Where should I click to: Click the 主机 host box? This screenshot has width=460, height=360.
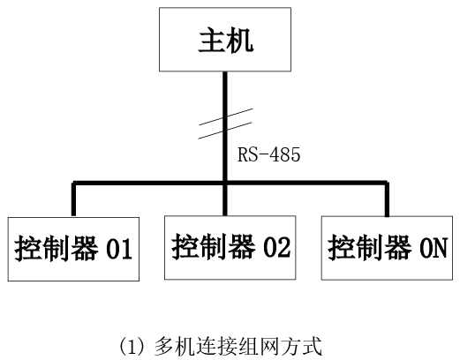pos(225,40)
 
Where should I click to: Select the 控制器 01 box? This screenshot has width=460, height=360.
pos(73,249)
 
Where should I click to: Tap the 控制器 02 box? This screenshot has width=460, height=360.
pos(230,248)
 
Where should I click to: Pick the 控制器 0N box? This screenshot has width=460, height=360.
pos(387,248)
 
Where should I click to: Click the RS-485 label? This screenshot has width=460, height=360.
pos(268,154)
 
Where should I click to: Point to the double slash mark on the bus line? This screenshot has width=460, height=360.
pos(225,124)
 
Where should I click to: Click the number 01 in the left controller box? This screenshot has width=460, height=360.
pos(119,249)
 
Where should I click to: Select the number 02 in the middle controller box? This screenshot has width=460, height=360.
pos(276,247)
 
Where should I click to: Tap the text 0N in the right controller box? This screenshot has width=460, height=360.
pos(434,248)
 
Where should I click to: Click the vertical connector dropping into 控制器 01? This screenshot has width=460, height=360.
pos(73,199)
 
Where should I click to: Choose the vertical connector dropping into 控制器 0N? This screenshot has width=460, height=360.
pos(388,199)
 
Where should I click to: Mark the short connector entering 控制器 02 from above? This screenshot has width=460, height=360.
pos(225,200)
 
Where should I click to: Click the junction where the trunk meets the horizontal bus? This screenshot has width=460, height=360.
pos(225,183)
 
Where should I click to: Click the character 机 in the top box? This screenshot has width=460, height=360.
pos(240,40)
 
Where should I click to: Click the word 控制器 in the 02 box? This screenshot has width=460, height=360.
pos(214,247)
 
